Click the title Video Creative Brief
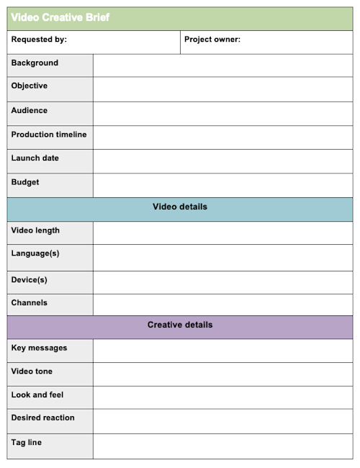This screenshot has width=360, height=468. [x=60, y=17]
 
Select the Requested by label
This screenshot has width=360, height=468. [x=39, y=40]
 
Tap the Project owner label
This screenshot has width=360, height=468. [x=212, y=40]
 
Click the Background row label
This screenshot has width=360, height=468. [x=35, y=63]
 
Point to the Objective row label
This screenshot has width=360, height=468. [x=30, y=86]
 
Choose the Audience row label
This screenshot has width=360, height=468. [x=30, y=110]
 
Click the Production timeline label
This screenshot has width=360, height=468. [x=49, y=135]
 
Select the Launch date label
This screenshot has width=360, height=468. [x=35, y=158]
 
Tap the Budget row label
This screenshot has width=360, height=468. [x=25, y=182]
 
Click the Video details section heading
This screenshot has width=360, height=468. [x=180, y=207]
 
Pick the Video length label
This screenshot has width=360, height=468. [x=35, y=230]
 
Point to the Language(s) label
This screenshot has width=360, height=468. [x=35, y=253]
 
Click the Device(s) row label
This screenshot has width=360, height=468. [x=30, y=279]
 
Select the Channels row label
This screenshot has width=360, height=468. [x=30, y=302]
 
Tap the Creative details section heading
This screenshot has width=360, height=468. [x=180, y=325]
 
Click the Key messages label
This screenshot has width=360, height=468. [x=39, y=348]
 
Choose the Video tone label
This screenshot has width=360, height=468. [x=32, y=372]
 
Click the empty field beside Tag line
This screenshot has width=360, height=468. [x=222, y=446]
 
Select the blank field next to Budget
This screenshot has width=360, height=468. [x=222, y=185]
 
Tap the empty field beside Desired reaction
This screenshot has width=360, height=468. [x=222, y=421]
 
